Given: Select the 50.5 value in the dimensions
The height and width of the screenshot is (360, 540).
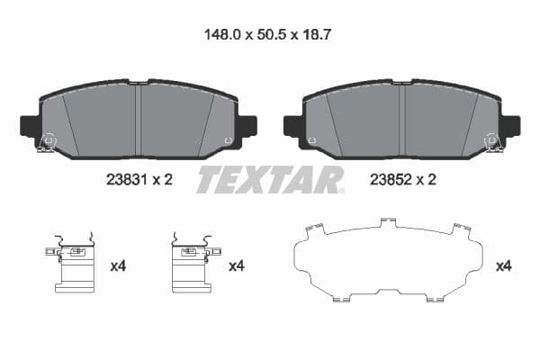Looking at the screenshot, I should coord(271,37).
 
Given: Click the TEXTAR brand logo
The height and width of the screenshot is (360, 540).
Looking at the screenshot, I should coord(269,180).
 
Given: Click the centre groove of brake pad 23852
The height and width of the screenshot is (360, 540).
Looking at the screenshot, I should coord(401,117).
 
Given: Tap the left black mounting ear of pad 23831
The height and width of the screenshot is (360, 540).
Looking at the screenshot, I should coord(29,125).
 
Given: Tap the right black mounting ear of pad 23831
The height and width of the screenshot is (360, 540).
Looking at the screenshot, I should coord(247,125).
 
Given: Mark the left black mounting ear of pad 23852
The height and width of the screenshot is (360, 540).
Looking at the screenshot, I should coord(292,125).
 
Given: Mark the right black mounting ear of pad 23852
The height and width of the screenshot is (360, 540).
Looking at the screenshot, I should coord(510,125).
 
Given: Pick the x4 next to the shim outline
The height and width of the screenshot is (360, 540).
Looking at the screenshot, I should coord(505,266).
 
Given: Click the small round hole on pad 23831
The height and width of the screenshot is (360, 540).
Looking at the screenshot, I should coord(228,140).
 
